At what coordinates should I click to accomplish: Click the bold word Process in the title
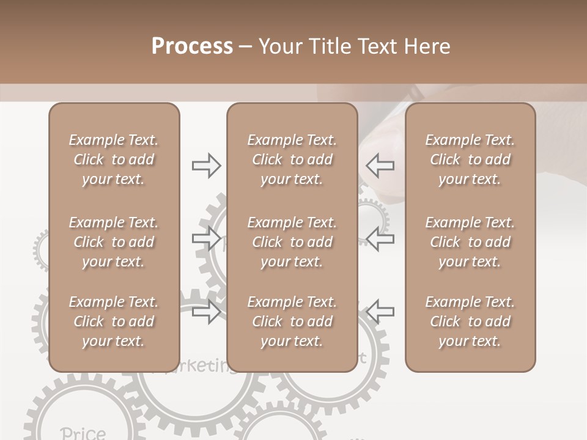pyautogui.click(x=192, y=46)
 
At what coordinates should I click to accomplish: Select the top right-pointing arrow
pyautogui.click(x=206, y=166)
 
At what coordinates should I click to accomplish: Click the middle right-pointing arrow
pyautogui.click(x=206, y=238)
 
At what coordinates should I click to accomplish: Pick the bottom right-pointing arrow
pyautogui.click(x=206, y=312)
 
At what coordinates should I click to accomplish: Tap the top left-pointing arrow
pyautogui.click(x=380, y=166)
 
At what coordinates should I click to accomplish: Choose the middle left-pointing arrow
pyautogui.click(x=380, y=238)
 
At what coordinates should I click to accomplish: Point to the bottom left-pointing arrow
pyautogui.click(x=380, y=311)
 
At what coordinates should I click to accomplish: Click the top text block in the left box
pyautogui.click(x=114, y=159)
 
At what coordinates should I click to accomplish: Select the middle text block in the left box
pyautogui.click(x=114, y=242)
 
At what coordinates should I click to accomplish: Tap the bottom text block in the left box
pyautogui.click(x=114, y=321)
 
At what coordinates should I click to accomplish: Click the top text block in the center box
pyautogui.click(x=292, y=159)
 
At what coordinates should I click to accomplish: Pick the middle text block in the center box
pyautogui.click(x=292, y=242)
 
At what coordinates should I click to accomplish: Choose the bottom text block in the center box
pyautogui.click(x=292, y=321)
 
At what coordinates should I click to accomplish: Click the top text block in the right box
pyautogui.click(x=470, y=159)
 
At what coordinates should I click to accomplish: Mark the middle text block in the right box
pyautogui.click(x=470, y=242)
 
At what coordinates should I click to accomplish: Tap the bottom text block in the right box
pyautogui.click(x=470, y=321)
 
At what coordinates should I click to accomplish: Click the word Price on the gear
pyautogui.click(x=83, y=433)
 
